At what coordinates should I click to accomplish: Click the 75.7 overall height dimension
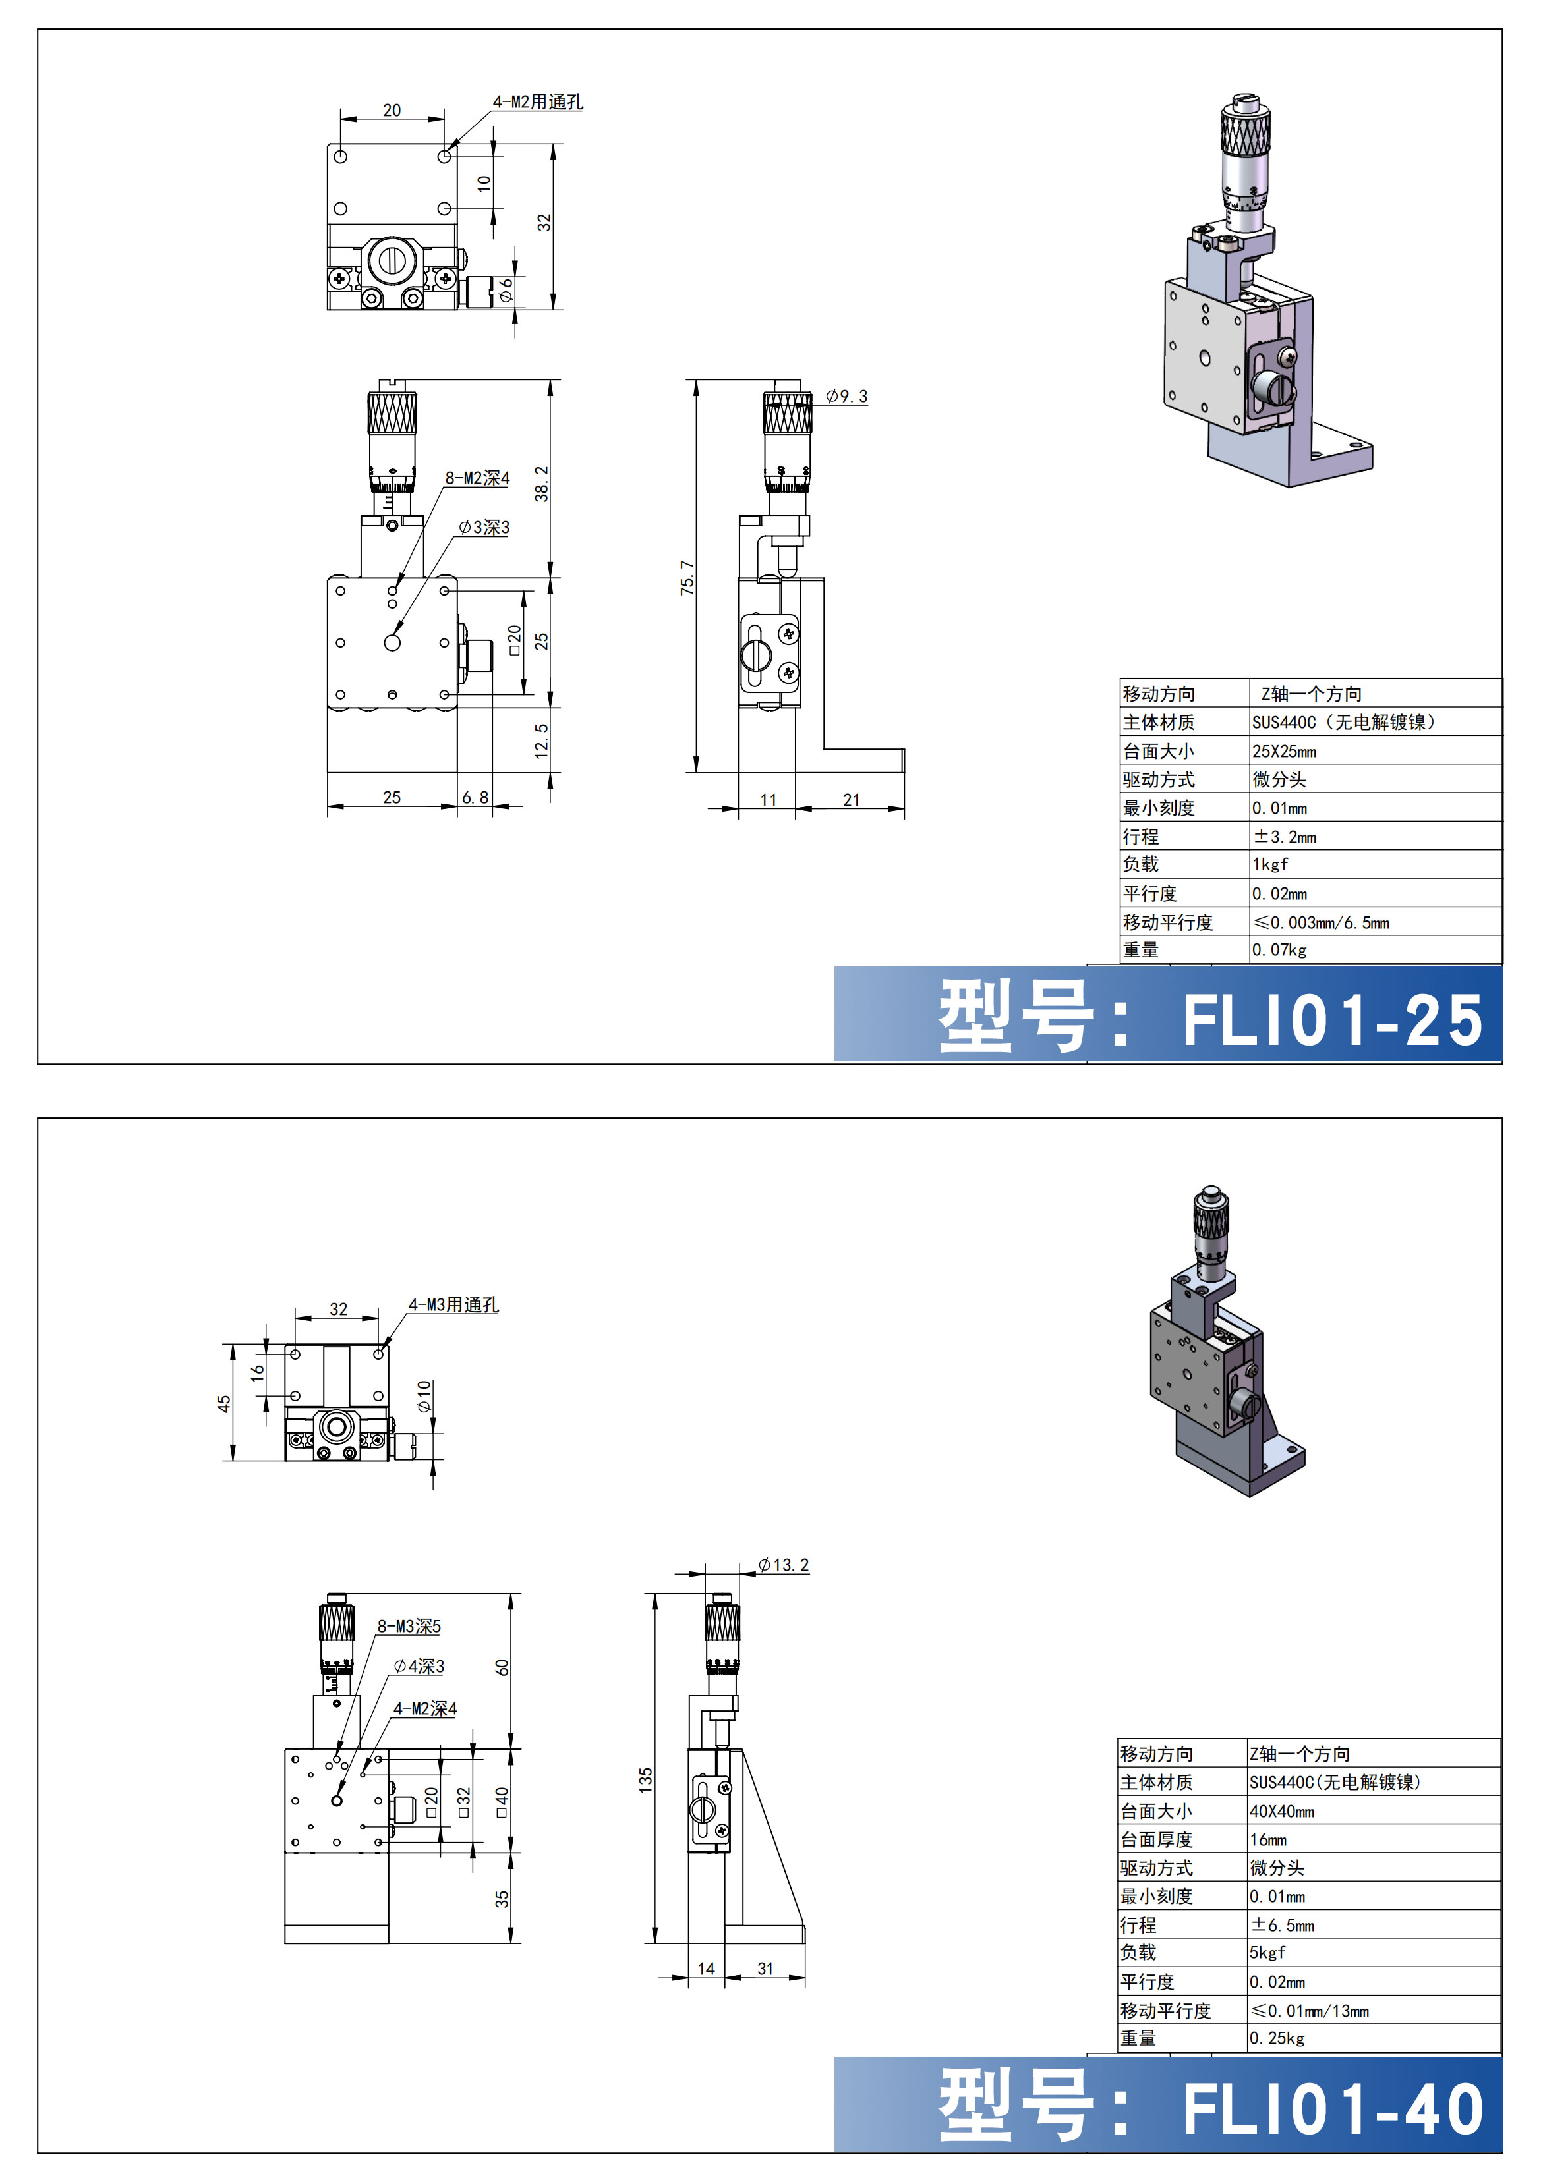(x=687, y=578)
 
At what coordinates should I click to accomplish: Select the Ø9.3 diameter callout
(x=846, y=397)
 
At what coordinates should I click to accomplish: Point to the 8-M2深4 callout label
(x=477, y=478)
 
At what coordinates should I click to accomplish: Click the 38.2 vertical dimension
(x=542, y=484)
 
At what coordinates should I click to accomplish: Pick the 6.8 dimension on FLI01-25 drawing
(x=475, y=798)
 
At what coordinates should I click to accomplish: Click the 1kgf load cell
(x=1271, y=864)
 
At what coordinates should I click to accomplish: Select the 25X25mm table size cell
(x=1284, y=751)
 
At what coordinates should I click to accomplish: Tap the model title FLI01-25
(x=1331, y=1022)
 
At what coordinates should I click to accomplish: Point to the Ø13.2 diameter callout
(x=784, y=1565)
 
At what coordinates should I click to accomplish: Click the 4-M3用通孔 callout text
(x=453, y=1305)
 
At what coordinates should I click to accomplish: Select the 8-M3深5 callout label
(x=409, y=1627)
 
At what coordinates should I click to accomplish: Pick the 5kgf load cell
(x=1267, y=1952)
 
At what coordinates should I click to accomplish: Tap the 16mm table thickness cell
(x=1267, y=1840)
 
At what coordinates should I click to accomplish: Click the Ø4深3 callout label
(x=419, y=1667)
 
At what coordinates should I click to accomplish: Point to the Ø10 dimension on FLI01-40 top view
(x=424, y=1395)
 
